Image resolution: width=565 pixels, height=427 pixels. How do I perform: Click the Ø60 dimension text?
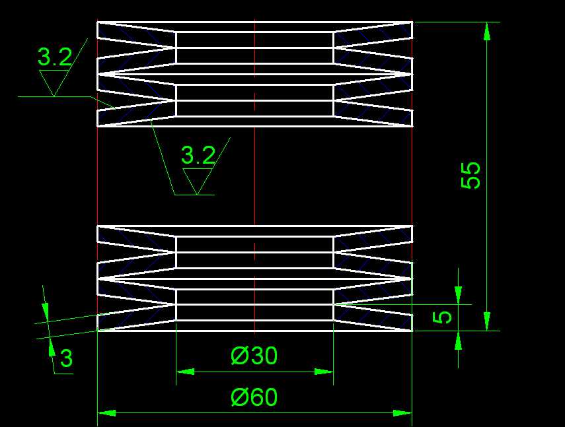click(254, 397)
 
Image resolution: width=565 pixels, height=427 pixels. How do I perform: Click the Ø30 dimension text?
click(254, 356)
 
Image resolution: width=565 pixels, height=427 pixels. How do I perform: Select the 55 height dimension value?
click(471, 176)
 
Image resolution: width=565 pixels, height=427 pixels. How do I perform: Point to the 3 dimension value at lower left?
click(66, 359)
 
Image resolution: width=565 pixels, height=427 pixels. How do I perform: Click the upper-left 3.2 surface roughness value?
click(54, 58)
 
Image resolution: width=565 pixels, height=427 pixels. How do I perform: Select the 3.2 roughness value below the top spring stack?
click(198, 156)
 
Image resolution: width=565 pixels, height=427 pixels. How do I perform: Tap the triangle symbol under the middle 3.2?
click(197, 180)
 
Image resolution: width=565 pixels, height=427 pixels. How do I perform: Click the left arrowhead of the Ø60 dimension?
click(106, 413)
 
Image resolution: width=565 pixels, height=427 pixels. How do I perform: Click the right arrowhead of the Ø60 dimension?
click(403, 413)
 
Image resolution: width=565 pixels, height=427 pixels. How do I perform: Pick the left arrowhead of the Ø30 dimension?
click(185, 372)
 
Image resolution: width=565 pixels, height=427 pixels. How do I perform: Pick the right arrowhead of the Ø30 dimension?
click(324, 372)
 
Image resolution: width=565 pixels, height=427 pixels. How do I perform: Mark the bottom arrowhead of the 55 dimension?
click(487, 321)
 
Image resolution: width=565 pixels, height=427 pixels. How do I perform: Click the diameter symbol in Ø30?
click(239, 356)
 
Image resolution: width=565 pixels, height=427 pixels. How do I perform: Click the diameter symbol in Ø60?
click(239, 397)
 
